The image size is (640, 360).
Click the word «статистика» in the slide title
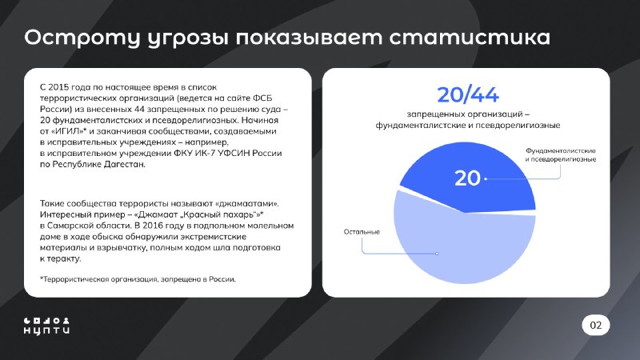click(470, 38)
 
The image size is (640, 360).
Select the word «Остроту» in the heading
click(82, 38)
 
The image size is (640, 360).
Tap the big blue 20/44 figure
click(468, 94)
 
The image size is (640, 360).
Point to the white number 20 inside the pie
click(467, 178)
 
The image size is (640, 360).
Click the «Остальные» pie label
click(362, 232)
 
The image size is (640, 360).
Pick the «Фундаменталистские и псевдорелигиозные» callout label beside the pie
click(561, 155)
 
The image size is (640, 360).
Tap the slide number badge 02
click(596, 325)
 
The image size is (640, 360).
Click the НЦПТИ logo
click(46, 326)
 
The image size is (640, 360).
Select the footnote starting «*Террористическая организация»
click(138, 279)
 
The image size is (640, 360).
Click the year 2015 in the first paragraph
click(58, 87)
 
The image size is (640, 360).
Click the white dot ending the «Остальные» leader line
click(437, 254)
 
